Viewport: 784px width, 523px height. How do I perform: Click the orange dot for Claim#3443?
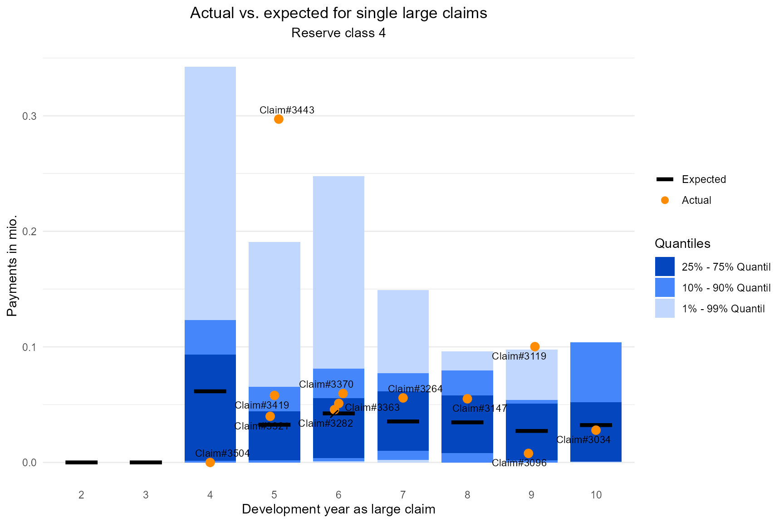point(279,119)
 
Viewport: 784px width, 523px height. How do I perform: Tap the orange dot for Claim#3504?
point(210,462)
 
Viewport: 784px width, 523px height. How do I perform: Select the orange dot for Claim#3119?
point(535,346)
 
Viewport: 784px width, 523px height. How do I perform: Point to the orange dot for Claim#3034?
point(596,430)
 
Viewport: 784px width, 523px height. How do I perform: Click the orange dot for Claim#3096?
point(528,453)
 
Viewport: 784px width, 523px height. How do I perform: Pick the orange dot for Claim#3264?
point(403,398)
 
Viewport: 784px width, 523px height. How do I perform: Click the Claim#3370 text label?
point(326,385)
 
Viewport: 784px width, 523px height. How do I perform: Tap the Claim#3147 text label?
point(480,408)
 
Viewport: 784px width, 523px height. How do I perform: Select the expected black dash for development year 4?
point(210,391)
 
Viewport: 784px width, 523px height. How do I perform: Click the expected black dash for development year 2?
point(81,462)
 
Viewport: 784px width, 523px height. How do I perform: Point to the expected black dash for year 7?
point(403,421)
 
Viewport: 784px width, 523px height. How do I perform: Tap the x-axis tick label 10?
point(596,495)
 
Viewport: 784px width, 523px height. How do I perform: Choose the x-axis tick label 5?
point(274,495)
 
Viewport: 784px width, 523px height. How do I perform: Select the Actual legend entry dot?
point(665,200)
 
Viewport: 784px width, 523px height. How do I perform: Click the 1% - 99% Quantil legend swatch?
point(665,309)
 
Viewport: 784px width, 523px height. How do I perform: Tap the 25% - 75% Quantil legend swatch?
point(665,267)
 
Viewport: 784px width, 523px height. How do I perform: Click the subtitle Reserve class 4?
point(338,33)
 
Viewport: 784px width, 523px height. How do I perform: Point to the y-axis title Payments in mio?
point(12,266)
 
